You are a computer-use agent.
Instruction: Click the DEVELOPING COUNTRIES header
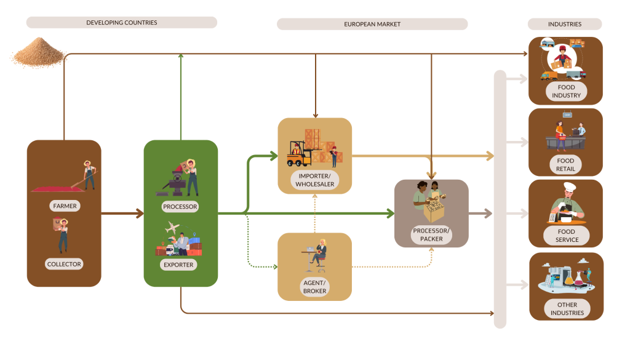(121, 23)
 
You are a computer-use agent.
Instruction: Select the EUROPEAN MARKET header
(372, 24)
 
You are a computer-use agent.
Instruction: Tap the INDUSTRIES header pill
(564, 24)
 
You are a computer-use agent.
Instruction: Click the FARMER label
(64, 206)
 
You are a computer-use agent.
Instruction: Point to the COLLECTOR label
(64, 264)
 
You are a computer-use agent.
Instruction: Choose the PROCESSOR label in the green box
(180, 206)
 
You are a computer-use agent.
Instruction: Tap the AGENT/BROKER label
(314, 287)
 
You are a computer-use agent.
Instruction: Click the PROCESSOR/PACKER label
(431, 234)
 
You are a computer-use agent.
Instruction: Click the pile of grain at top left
(38, 52)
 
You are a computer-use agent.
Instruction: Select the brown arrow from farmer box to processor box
(122, 214)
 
